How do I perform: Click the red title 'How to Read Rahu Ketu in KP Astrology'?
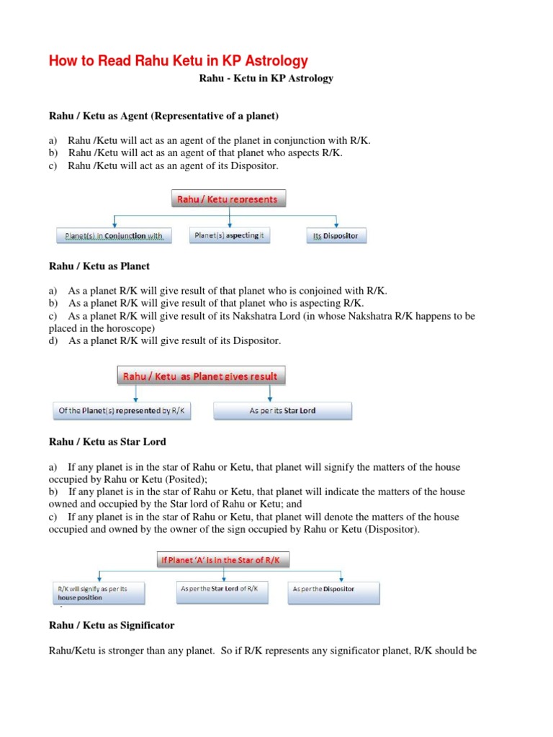178,61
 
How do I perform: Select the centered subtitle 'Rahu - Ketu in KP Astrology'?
266,78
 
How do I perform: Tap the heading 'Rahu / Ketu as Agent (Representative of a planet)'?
163,115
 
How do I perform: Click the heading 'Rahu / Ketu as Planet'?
99,266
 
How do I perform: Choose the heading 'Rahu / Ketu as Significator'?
112,625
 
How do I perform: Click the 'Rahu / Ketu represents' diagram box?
229,199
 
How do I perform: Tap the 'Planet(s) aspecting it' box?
230,235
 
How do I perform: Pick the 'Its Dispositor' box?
336,235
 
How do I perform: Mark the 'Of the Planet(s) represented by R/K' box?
122,411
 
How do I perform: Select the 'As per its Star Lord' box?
283,411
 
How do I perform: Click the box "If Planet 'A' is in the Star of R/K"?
230,560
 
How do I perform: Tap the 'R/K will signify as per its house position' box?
98,592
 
